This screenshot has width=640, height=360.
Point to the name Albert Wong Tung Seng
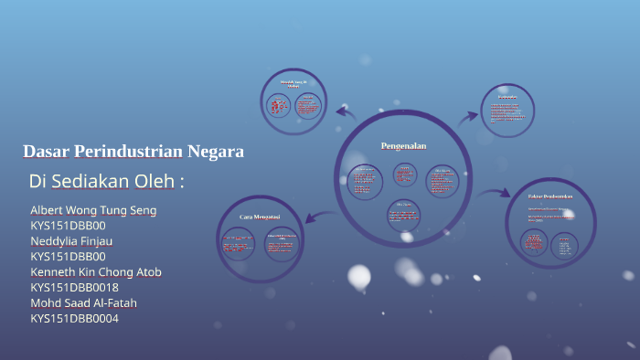click(93, 210)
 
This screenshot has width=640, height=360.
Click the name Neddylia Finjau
click(71, 240)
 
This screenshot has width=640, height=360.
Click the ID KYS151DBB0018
click(74, 287)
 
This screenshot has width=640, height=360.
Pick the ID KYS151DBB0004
click(74, 318)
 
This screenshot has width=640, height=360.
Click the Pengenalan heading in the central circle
click(403, 146)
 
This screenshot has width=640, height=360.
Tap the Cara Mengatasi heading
click(259, 217)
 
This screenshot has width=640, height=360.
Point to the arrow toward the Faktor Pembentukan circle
click(495, 193)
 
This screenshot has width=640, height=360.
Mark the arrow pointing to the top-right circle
click(468, 116)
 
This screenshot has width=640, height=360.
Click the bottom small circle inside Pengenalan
click(403, 214)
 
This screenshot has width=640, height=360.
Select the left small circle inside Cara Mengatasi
click(238, 245)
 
